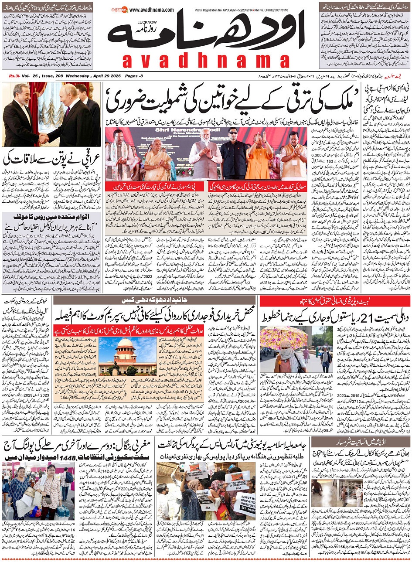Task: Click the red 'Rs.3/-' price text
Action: pyautogui.click(x=15, y=76)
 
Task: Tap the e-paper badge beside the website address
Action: pyautogui.click(x=117, y=9)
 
